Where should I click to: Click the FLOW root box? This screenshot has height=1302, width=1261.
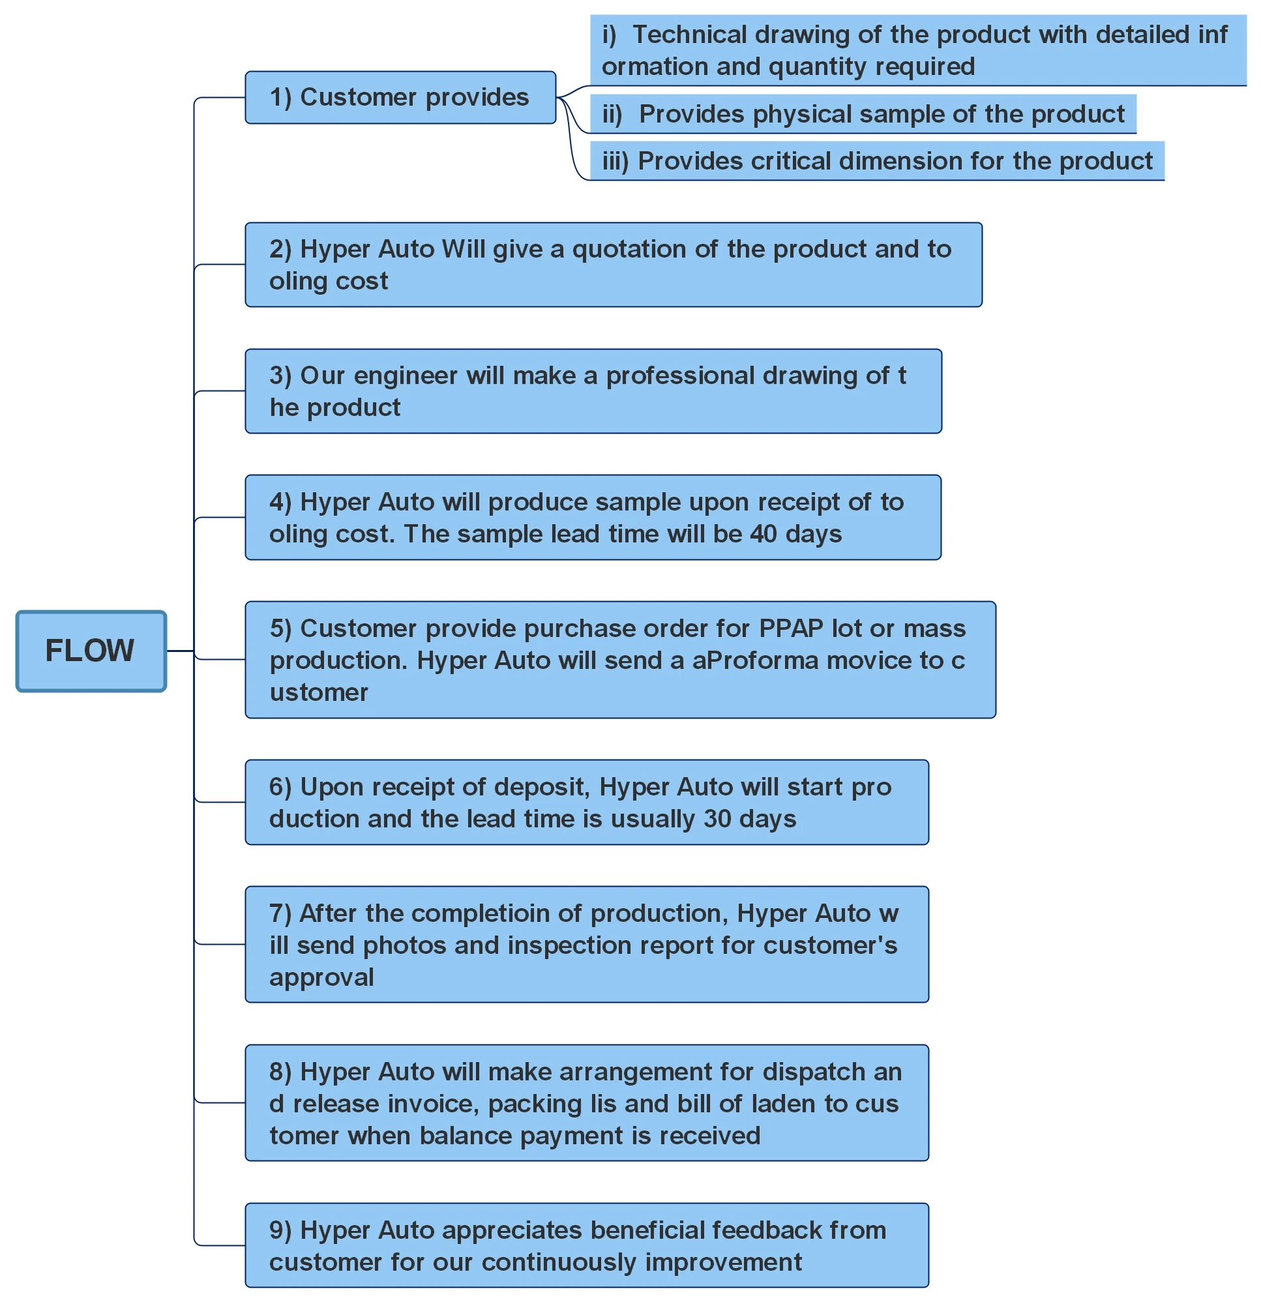(x=91, y=650)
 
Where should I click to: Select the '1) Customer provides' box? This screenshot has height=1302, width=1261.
(x=400, y=98)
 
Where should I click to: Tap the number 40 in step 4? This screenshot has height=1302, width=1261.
(x=763, y=533)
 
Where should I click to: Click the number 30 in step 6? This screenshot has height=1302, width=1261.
(x=717, y=818)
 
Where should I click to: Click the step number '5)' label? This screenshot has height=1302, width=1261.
(x=280, y=629)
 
